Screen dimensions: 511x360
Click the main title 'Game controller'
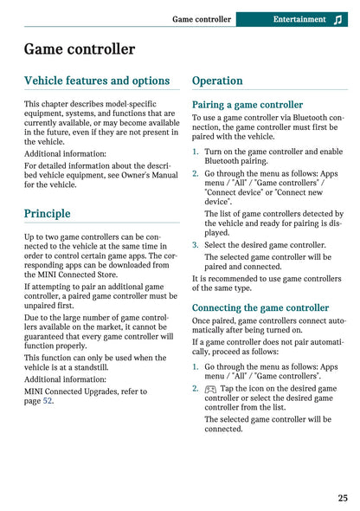click(80, 49)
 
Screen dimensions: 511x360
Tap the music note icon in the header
click(336, 19)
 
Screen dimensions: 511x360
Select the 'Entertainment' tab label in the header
click(299, 19)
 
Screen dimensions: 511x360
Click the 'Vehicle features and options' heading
click(97, 81)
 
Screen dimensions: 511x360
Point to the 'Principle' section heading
click(48, 213)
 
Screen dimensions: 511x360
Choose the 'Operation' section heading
click(217, 81)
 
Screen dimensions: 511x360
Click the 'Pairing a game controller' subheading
click(247, 105)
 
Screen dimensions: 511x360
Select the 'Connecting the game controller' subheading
click(260, 307)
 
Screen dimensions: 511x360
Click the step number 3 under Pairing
click(196, 245)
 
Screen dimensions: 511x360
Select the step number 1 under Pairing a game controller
click(196, 151)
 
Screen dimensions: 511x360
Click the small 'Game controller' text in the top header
click(202, 19)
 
